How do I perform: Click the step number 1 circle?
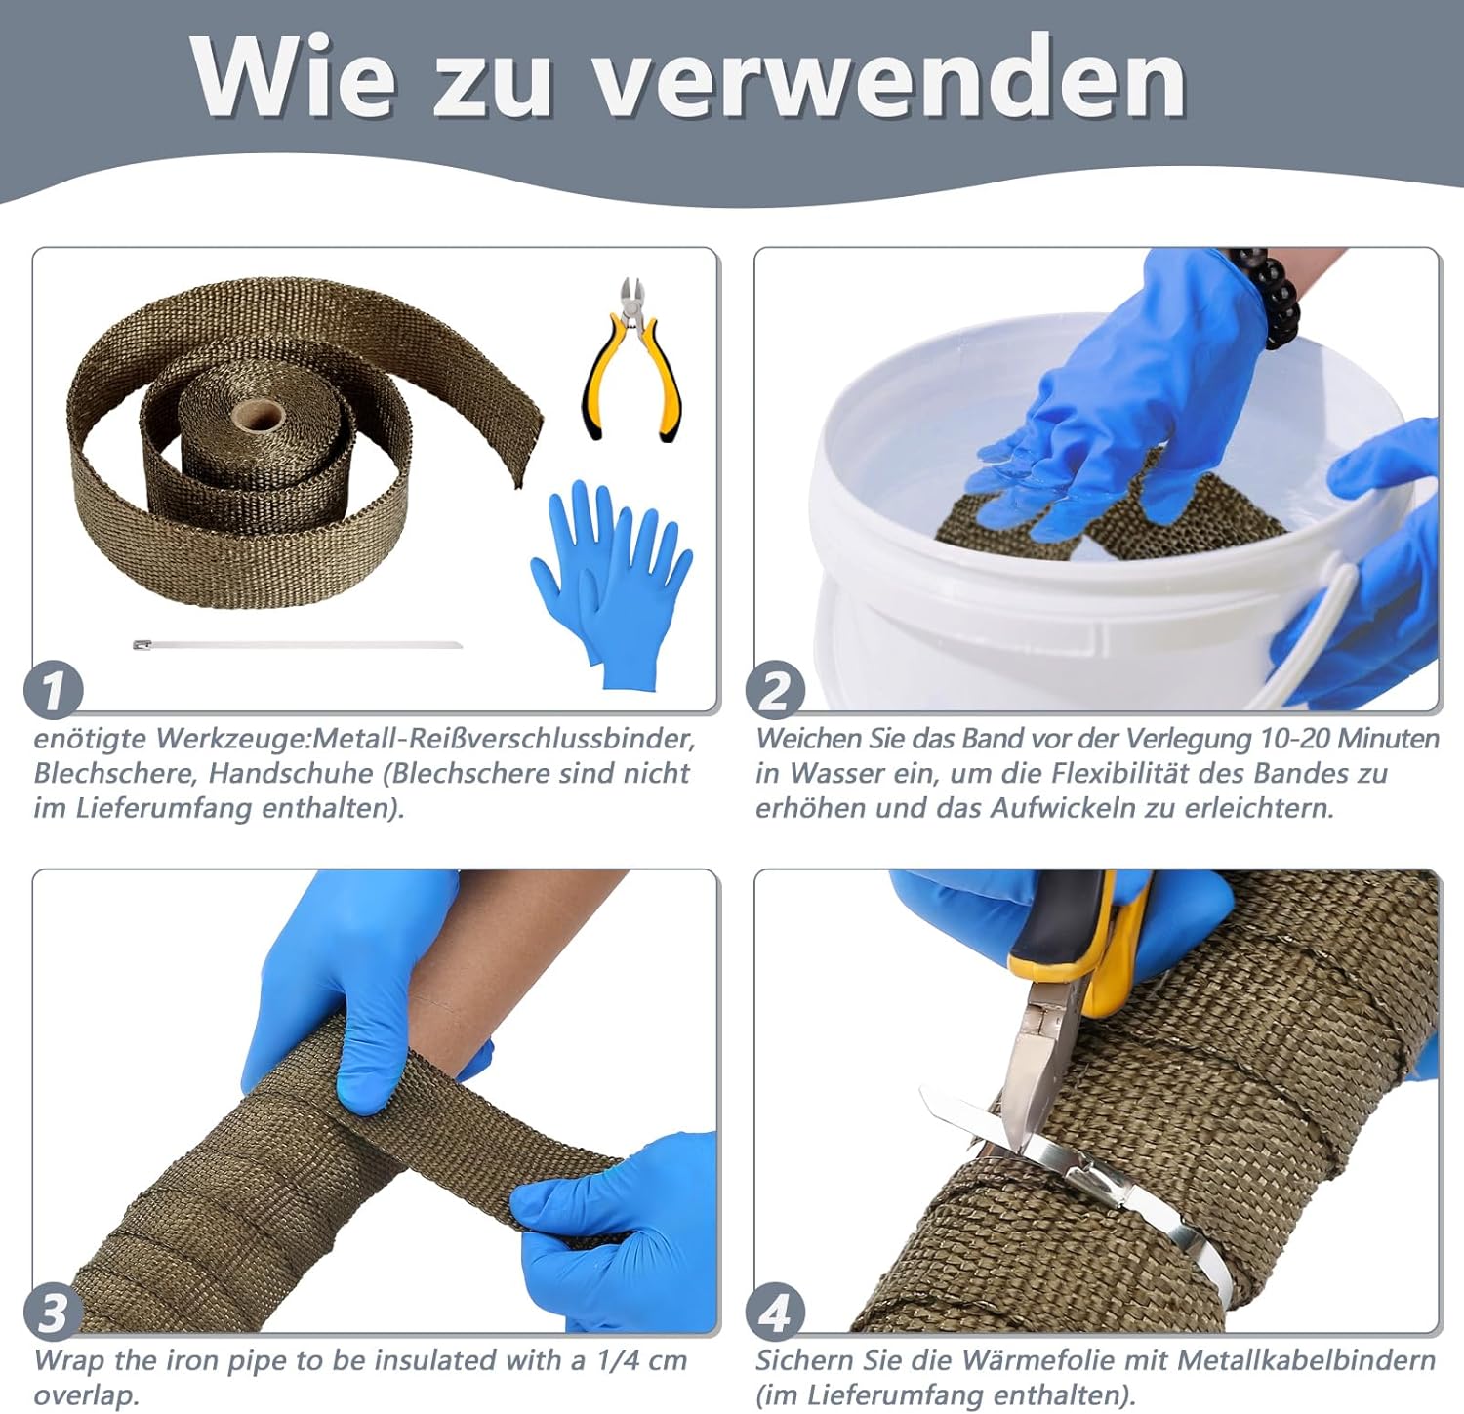[x=53, y=689]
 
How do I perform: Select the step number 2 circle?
[x=775, y=690]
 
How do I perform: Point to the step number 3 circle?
[x=53, y=1313]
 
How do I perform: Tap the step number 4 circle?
[x=775, y=1313]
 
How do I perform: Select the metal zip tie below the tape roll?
[x=298, y=644]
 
